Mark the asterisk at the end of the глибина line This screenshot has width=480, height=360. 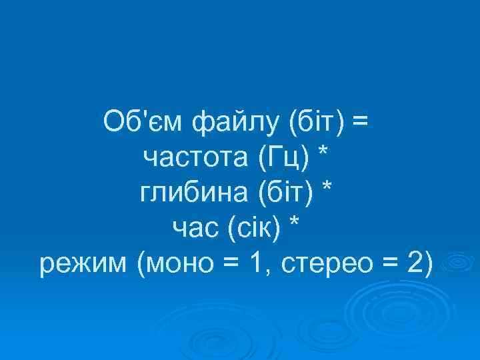[x=327, y=190]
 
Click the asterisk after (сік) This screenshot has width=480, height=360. [x=294, y=226]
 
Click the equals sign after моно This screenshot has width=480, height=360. [x=231, y=266]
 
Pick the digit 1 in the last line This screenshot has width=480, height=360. [x=255, y=265]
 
